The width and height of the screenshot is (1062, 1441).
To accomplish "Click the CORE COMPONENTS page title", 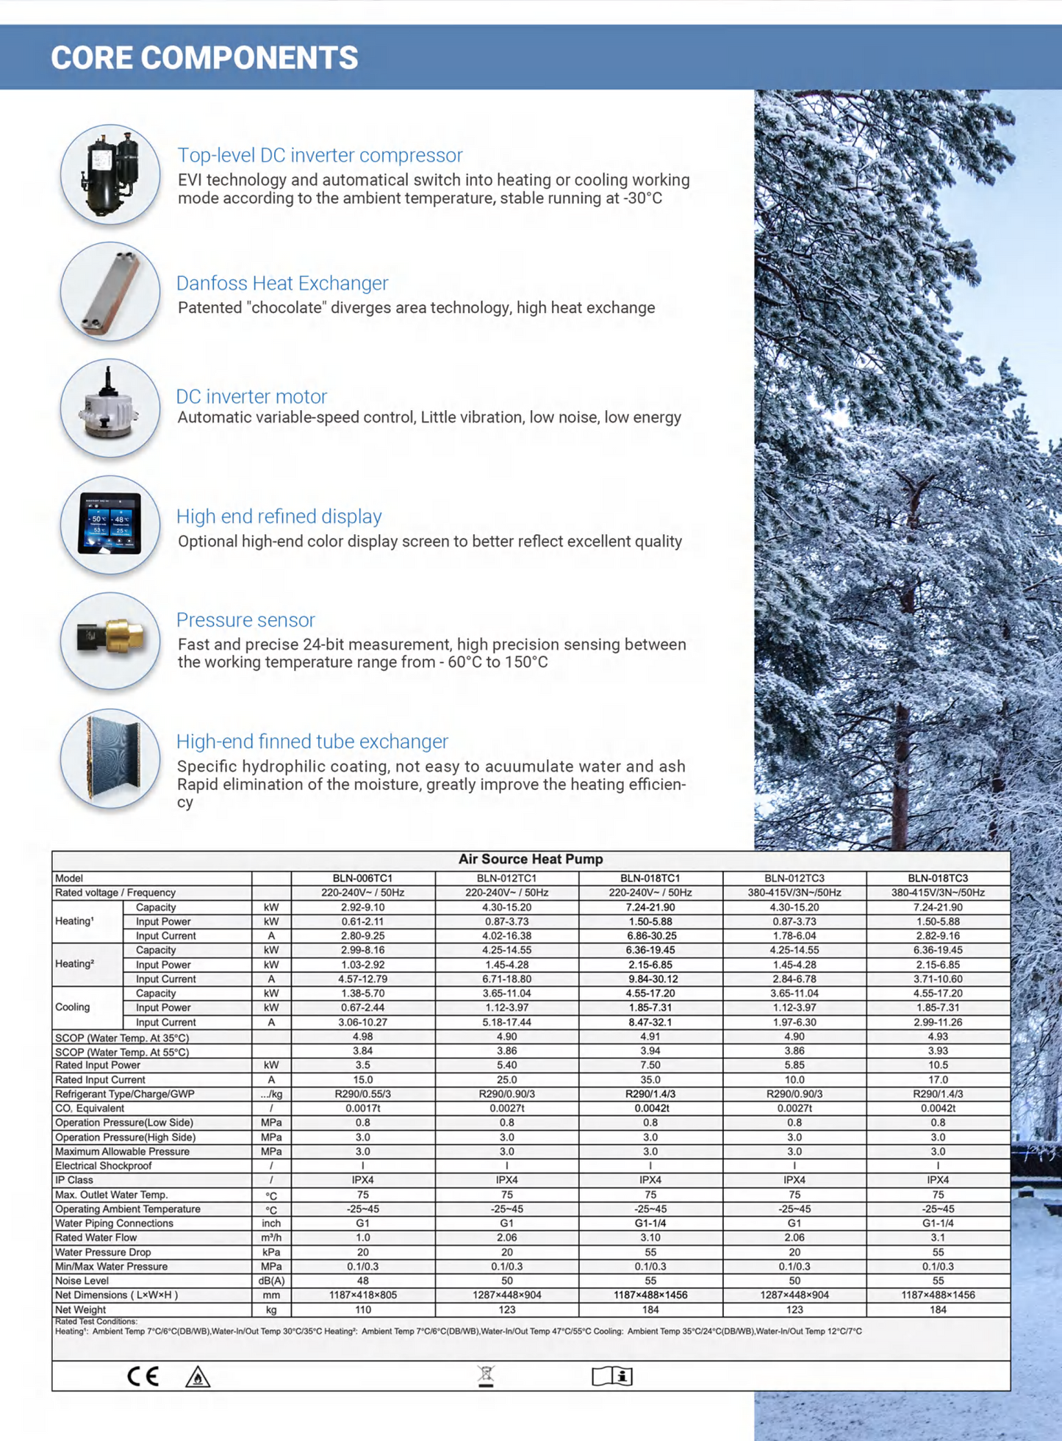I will click(204, 58).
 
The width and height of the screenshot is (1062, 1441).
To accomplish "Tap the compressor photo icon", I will click(110, 175).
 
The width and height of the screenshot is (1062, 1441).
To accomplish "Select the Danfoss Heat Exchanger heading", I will click(282, 283).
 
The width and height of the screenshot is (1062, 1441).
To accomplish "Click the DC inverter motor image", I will click(110, 409).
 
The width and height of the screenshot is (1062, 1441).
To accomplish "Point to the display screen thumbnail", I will click(110, 525).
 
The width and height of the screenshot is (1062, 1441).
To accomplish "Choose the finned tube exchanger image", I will click(110, 758).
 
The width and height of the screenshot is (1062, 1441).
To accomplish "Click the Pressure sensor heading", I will click(245, 619).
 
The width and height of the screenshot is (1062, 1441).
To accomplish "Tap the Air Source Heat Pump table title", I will click(531, 859).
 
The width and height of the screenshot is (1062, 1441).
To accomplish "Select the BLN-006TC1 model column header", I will click(362, 878).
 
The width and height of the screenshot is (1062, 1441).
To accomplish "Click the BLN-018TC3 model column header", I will click(938, 878).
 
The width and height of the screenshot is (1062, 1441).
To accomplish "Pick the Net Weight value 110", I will click(362, 1309).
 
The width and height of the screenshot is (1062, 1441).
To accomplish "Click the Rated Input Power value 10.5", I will click(938, 1065).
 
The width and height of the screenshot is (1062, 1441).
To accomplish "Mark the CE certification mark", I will click(143, 1376).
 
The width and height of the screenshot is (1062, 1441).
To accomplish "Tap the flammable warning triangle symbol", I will click(198, 1377).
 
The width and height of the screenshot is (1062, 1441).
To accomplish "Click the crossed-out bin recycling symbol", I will click(486, 1376).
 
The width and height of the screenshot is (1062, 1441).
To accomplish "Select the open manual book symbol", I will click(612, 1376).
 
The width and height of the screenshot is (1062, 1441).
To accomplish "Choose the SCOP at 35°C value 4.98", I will click(362, 1037).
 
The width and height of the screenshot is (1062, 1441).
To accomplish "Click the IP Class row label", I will click(74, 1180).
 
